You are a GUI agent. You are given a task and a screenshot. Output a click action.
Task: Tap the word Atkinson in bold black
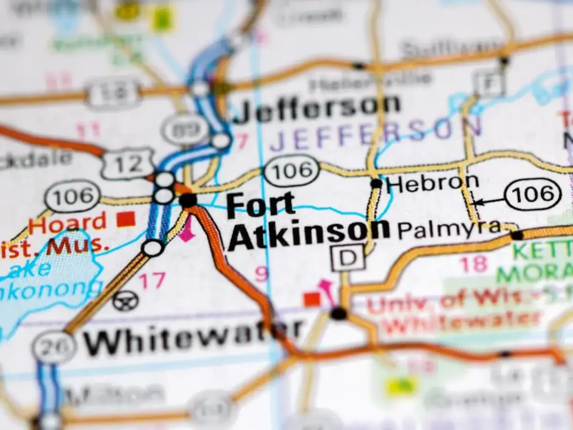click(308, 235)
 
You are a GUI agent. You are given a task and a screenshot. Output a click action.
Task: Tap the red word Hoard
click(67, 223)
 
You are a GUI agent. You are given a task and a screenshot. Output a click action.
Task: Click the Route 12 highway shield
click(127, 164)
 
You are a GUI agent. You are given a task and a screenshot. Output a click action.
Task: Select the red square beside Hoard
click(126, 219)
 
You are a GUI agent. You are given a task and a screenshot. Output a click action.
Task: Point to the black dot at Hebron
click(376, 183)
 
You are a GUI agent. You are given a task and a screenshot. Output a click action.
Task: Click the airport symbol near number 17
click(126, 301)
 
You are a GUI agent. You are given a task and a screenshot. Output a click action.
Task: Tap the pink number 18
click(473, 264)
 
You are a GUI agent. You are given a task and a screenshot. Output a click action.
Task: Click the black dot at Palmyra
click(517, 235)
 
